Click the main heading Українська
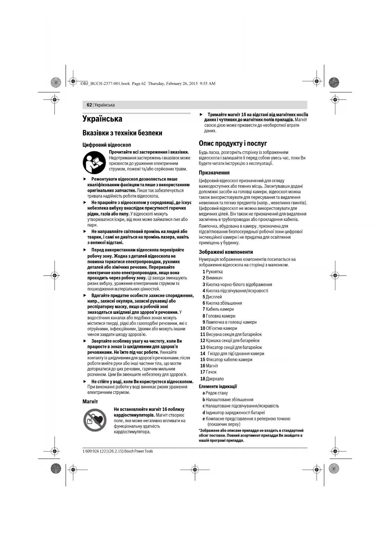point(102,119)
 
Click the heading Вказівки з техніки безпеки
point(122,133)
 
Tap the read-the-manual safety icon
point(94,162)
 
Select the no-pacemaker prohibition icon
point(95,420)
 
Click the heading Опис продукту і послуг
point(233,144)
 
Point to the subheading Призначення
point(214,173)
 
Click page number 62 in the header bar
point(89,105)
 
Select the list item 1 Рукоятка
point(212,272)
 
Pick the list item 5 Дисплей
point(212,297)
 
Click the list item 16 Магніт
point(209,366)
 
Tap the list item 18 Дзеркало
point(212,379)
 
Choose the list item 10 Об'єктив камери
point(218,328)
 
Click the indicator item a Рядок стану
point(215,393)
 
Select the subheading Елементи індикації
point(218,387)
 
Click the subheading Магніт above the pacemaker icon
point(90,402)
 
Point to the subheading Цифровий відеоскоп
point(107,145)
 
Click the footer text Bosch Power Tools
point(138,451)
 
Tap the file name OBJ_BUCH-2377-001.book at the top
point(105,84)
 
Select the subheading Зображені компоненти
point(226,252)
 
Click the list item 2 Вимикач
point(212,278)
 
